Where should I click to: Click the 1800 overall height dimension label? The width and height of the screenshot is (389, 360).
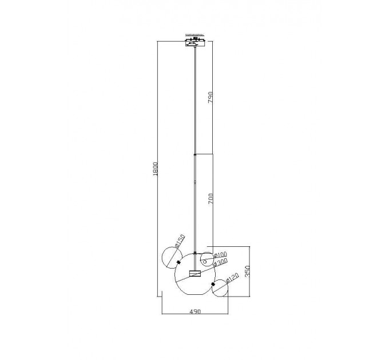155,169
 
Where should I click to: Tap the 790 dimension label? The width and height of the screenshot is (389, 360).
210,97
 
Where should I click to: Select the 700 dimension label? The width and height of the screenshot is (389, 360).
211,198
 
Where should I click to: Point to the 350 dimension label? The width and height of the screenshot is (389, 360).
247,271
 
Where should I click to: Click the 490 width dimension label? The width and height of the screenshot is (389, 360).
195,311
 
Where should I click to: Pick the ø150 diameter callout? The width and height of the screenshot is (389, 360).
180,241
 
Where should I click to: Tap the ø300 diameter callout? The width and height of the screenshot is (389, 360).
220,262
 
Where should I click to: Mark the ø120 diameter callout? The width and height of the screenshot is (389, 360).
232,278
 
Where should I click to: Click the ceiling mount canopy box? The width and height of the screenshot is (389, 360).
195,42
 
